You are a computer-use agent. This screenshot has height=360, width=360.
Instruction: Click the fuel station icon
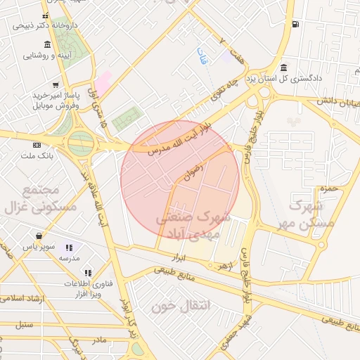294,25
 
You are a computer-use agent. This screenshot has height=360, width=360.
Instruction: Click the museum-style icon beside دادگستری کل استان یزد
283,68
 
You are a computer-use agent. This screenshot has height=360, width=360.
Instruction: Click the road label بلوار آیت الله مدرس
176,139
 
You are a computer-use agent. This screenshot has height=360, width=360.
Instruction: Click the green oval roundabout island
81,143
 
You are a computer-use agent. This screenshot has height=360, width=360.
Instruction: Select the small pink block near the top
103,82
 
